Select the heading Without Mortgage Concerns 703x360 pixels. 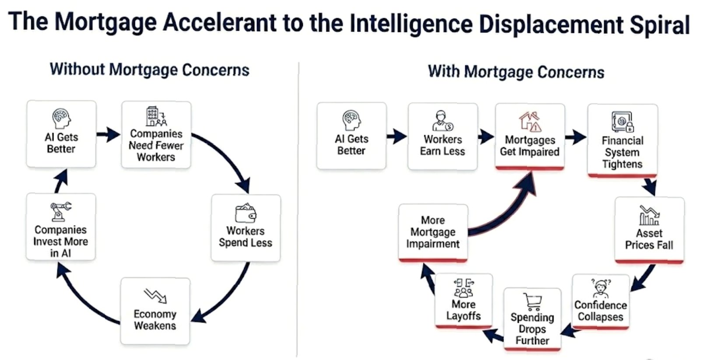point(149,70)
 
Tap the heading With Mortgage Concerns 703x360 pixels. point(516,72)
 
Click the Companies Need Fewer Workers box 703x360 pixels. point(156,135)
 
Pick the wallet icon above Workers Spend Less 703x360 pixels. point(246,213)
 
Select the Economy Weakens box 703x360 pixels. point(155,311)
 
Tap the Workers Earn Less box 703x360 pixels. point(442,137)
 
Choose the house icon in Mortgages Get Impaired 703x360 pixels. point(530,121)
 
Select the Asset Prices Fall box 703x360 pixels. point(649,229)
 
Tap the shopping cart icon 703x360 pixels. point(532,301)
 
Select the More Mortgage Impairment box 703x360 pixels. point(433,233)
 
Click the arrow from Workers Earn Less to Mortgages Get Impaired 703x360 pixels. point(485,137)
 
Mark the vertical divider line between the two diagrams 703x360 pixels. point(298,210)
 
